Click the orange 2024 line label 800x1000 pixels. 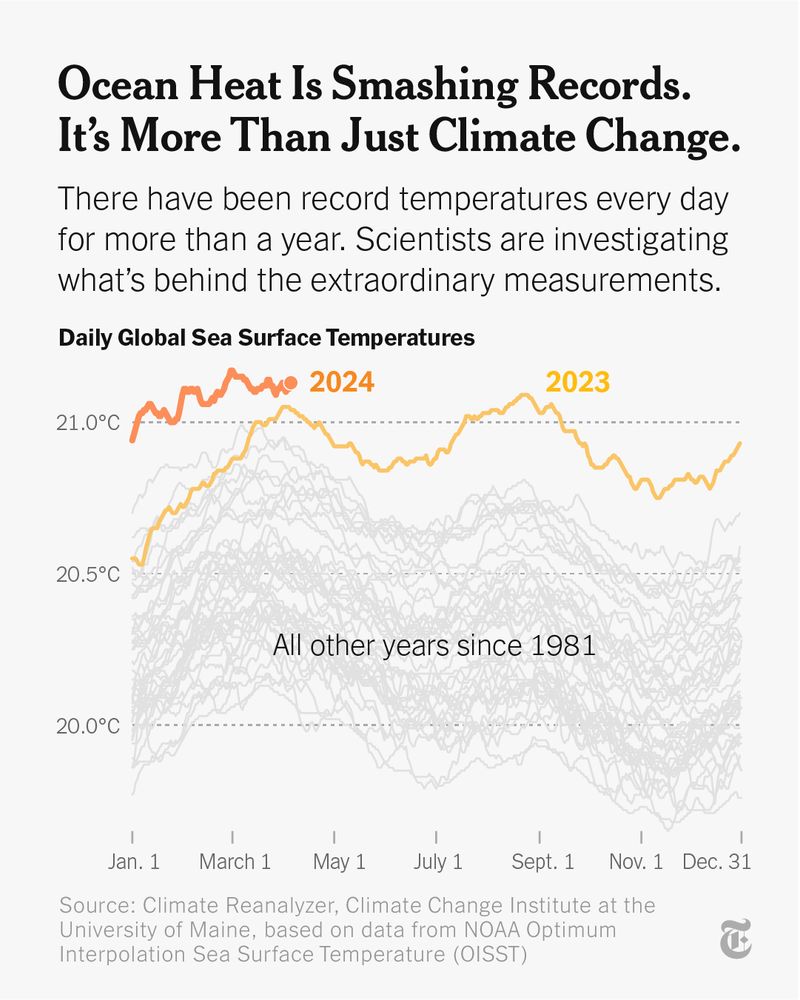pos(341,382)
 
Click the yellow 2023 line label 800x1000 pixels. pos(577,382)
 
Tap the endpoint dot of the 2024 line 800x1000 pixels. pos(291,382)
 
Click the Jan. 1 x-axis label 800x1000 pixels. pos(132,861)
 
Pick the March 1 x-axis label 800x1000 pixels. pos(234,861)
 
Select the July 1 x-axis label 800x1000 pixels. pos(438,861)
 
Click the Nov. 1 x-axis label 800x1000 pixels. pos(637,861)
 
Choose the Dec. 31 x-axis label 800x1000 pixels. pos(716,861)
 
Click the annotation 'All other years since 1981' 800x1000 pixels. pos(434,646)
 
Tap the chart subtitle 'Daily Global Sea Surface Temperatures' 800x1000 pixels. pos(266,338)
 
